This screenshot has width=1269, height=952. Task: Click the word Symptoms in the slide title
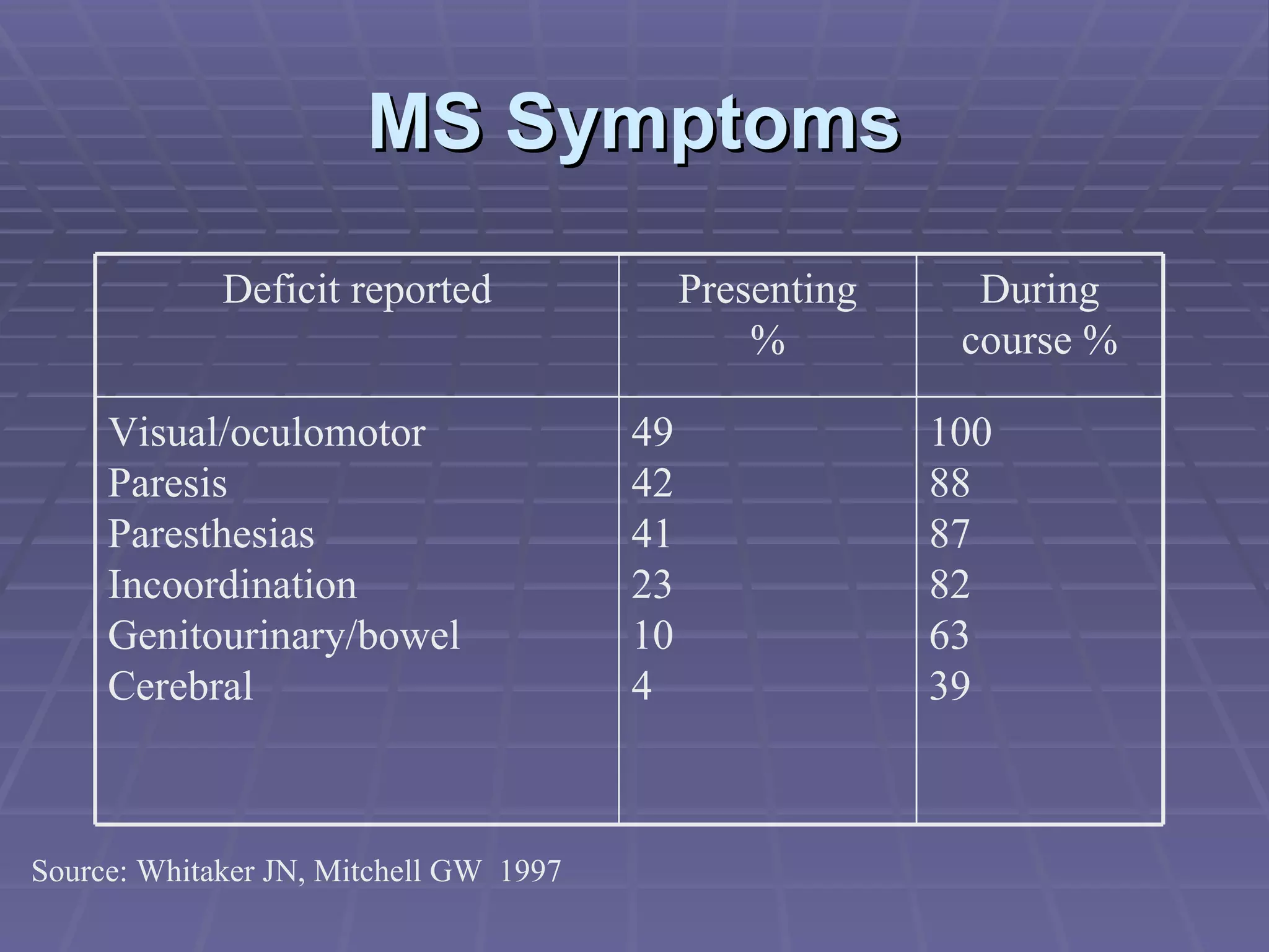coord(703,124)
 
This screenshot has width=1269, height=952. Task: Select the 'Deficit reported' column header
coord(357,289)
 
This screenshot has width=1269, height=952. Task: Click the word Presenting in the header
coord(767,291)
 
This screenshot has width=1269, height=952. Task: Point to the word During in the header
coord(1039,291)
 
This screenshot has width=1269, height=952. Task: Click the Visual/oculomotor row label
coord(266,432)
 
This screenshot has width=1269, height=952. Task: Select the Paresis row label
coord(167,483)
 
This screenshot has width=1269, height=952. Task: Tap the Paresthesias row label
coord(211,534)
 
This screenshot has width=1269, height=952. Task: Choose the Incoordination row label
coord(232,584)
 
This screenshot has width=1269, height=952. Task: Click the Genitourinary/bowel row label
coord(284,635)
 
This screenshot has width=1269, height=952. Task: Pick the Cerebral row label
coord(180,686)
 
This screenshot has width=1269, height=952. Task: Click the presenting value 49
coord(652,432)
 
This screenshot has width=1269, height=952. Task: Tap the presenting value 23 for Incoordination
coord(651,584)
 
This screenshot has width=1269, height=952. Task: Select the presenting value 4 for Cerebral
coord(642,686)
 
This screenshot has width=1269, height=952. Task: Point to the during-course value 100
coord(960,432)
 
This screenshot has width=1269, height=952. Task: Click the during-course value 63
coord(949,635)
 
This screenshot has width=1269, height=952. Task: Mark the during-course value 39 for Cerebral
coord(950,686)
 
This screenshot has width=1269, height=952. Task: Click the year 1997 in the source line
coord(530,871)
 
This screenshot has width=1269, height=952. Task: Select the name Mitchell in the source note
coord(367,871)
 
